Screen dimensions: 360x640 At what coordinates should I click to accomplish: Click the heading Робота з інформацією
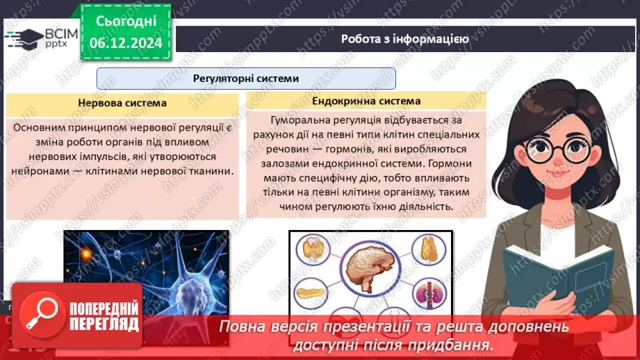404,39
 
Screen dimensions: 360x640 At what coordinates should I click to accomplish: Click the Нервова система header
122,104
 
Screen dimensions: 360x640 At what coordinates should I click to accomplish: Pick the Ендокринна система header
366,100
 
